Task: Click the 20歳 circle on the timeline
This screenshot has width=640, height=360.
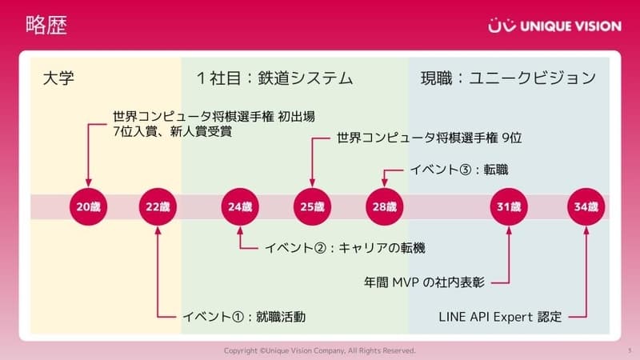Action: click(x=88, y=206)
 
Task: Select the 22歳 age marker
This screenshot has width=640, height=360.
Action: click(x=158, y=206)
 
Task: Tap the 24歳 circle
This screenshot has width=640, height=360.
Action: click(x=240, y=206)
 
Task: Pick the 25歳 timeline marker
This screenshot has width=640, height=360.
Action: click(x=312, y=206)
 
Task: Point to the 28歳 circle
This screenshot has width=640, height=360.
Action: click(x=385, y=206)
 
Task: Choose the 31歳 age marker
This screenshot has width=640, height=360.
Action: click(x=509, y=206)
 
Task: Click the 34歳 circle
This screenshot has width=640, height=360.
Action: click(x=586, y=206)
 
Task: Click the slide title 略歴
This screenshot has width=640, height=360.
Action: click(x=46, y=25)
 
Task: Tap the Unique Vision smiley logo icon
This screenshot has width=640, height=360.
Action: click(x=502, y=25)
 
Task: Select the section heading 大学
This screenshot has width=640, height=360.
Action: click(x=58, y=78)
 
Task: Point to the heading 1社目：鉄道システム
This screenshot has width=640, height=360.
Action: click(x=274, y=78)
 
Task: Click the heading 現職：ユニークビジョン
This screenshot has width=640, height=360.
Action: click(x=509, y=78)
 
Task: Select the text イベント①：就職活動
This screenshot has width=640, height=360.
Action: click(x=244, y=317)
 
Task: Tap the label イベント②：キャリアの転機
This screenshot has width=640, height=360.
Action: click(x=346, y=248)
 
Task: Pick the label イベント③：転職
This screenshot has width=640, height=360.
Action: click(x=459, y=170)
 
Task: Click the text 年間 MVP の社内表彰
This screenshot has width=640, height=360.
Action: click(x=425, y=282)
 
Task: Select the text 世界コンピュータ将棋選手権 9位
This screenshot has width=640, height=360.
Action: click(x=430, y=138)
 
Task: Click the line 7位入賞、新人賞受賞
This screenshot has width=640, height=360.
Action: click(x=173, y=131)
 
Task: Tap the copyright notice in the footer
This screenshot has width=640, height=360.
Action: click(x=319, y=350)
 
